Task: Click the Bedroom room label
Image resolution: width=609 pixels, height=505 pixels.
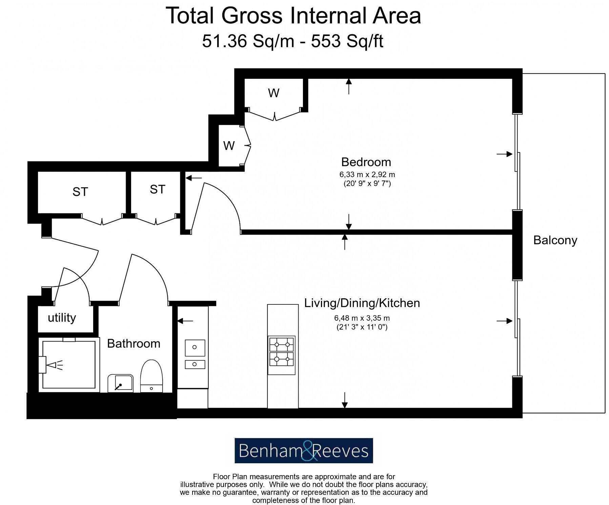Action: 366,162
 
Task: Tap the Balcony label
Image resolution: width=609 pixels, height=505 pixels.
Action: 555,240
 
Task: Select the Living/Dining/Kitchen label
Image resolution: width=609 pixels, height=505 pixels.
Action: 362,303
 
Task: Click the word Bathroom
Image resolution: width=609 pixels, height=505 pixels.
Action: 134,343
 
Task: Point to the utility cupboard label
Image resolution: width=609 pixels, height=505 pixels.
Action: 62,318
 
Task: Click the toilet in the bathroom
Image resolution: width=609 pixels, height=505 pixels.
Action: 151,376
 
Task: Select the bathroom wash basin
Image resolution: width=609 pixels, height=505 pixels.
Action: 120,384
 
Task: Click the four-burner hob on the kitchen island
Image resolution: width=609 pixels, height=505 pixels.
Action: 282,352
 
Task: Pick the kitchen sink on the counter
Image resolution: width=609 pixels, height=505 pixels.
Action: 195,354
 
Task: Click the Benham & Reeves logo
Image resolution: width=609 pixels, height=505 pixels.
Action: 304,451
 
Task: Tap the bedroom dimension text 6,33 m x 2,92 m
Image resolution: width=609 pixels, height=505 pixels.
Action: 367,175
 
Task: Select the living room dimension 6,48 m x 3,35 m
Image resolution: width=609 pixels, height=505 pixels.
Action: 362,318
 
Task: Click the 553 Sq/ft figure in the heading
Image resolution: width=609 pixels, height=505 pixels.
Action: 347,41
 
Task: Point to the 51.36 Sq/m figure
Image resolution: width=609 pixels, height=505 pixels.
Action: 248,41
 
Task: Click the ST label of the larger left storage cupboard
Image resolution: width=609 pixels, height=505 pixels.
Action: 80,192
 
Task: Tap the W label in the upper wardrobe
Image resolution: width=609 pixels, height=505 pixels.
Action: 274,93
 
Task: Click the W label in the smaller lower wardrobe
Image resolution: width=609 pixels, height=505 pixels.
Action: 229,146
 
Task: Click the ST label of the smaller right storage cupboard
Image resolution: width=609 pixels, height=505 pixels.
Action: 158,189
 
